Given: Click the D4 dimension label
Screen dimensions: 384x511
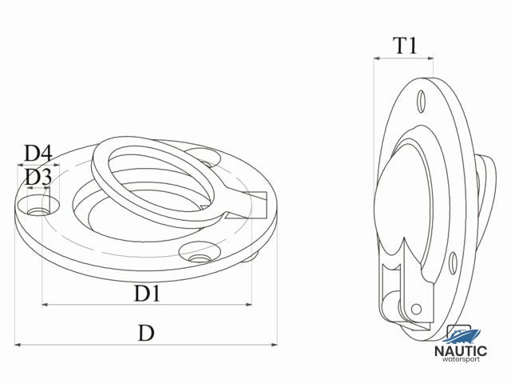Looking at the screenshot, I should coord(38,153).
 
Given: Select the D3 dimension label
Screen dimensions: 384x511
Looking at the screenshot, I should coord(38,177).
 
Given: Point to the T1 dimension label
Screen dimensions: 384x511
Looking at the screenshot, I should coord(406,46).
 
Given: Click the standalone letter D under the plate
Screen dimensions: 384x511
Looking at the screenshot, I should coord(145,333).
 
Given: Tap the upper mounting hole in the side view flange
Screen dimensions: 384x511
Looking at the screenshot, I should coord(421,101).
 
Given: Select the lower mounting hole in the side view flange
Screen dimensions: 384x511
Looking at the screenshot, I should coord(452,261).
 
